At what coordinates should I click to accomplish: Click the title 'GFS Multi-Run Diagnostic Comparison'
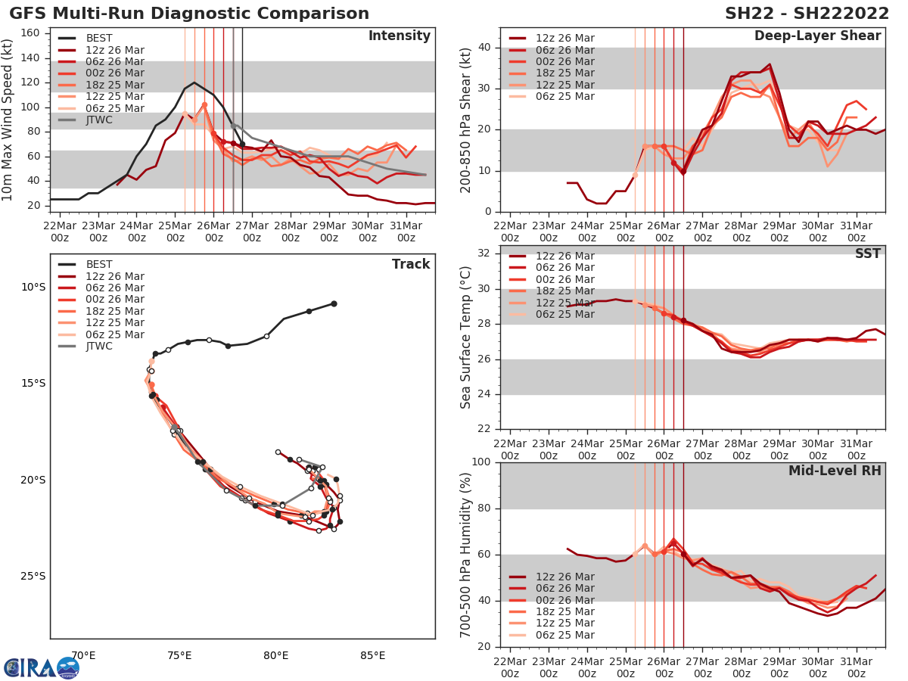[189, 14]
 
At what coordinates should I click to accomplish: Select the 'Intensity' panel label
[399, 36]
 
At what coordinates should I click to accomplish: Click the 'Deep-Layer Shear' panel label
[817, 36]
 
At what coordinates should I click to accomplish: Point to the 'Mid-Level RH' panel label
[835, 471]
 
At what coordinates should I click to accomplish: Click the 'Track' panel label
[411, 264]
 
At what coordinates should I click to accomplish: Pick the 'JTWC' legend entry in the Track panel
[100, 347]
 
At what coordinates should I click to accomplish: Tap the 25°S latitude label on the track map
[33, 576]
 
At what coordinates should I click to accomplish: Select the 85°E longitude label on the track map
[372, 655]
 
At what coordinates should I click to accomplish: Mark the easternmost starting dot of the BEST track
[334, 303]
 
